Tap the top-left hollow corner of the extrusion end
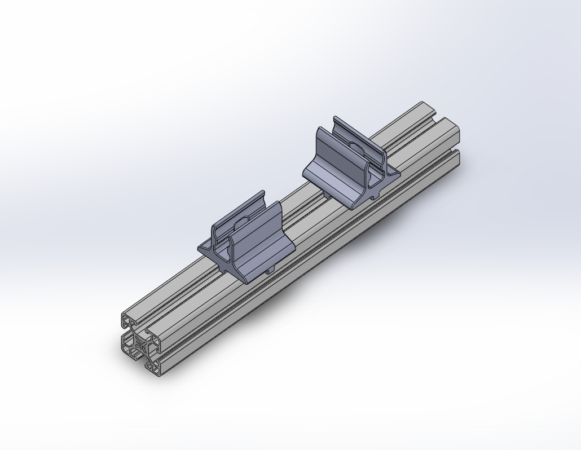coord(128,321)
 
